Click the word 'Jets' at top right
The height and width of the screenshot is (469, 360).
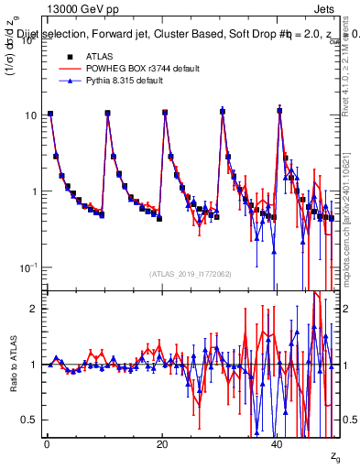326,7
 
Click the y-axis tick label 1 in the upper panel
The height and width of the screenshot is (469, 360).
34,191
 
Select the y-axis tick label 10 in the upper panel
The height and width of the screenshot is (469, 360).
30,115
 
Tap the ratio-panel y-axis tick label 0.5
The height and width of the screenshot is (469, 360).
30,420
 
